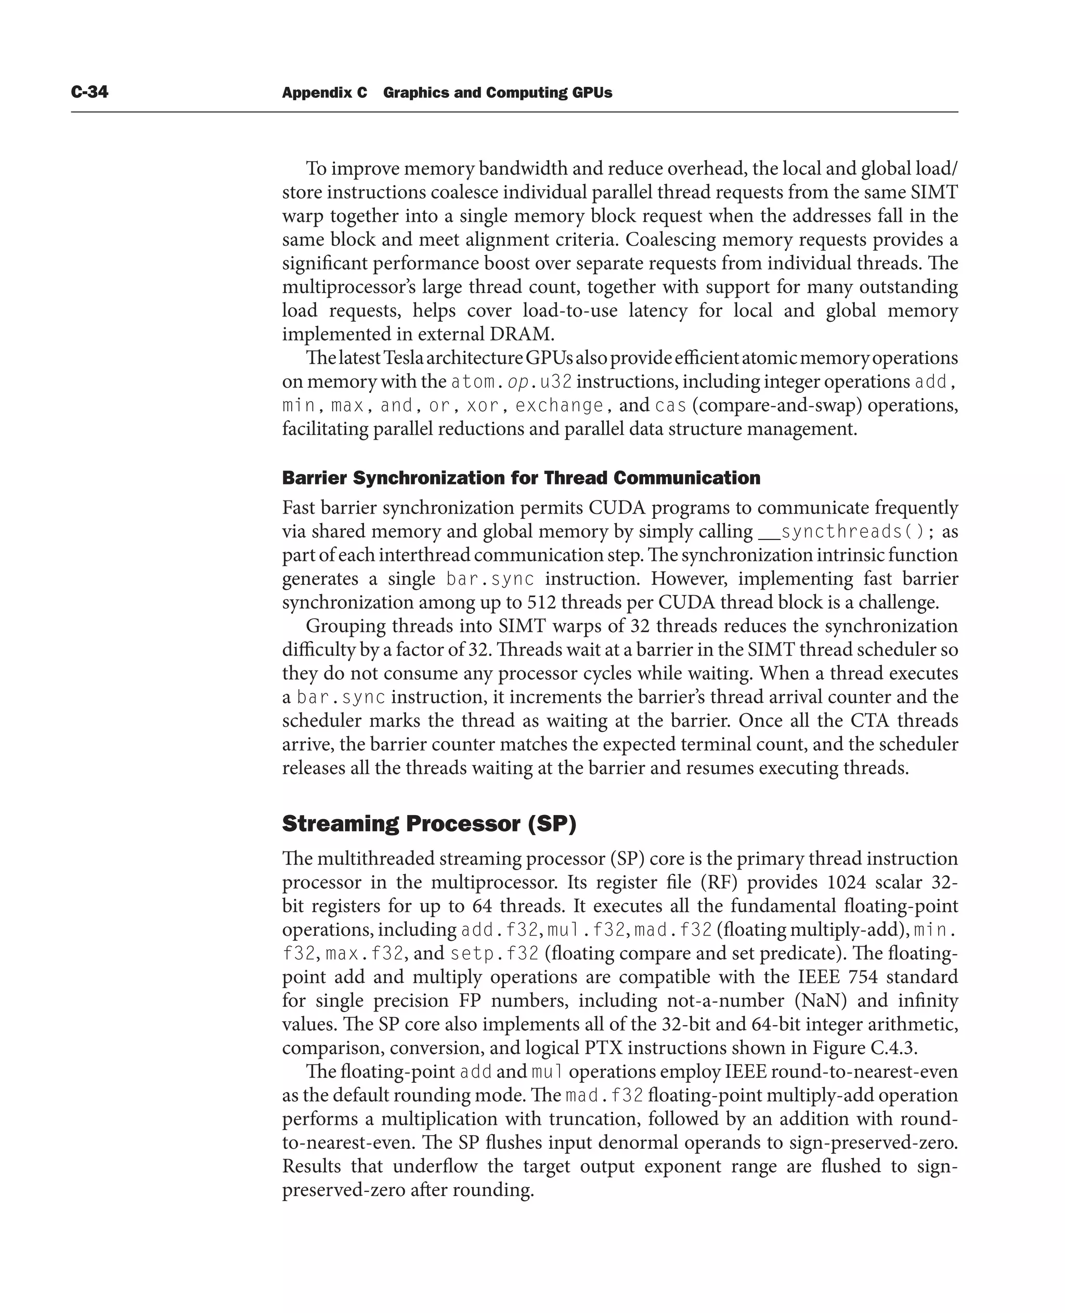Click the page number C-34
(89, 92)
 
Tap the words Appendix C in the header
(324, 93)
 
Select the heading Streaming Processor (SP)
(429, 824)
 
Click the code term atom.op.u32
(511, 382)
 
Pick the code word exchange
(559, 405)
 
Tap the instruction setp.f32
(494, 954)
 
